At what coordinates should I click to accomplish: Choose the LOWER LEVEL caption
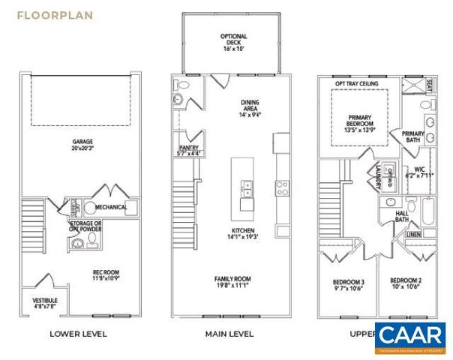pos(77,334)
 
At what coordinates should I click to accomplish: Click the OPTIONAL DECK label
pos(233,37)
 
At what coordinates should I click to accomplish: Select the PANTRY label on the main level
pos(188,148)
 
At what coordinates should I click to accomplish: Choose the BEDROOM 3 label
pos(347,283)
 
